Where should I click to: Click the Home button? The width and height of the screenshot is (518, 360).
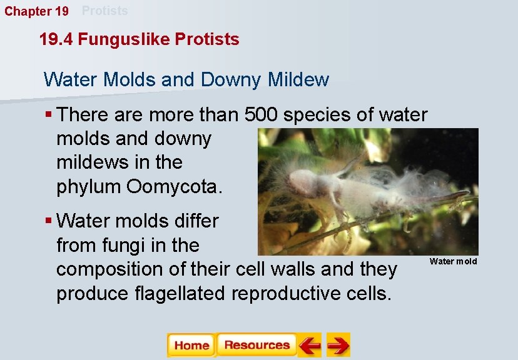click(191, 346)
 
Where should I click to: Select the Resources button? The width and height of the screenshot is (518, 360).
click(256, 346)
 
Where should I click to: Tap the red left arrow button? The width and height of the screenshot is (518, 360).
click(309, 346)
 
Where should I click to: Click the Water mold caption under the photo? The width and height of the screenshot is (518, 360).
click(453, 261)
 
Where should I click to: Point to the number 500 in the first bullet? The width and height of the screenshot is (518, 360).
click(263, 115)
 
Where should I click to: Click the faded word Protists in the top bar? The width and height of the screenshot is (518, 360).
click(105, 11)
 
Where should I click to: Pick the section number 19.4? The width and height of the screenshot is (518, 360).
click(56, 39)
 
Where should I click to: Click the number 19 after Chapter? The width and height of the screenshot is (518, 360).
click(62, 11)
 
